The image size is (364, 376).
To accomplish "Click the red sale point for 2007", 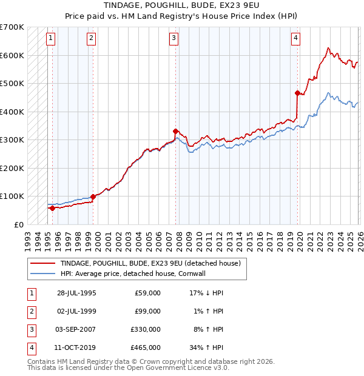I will (175, 131).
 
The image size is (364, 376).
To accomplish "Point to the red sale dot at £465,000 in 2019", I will (297, 93).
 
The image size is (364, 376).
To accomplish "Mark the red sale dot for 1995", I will (52, 208).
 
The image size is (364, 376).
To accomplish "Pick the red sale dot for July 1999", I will (93, 196).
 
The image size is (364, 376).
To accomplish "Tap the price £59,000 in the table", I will (147, 293).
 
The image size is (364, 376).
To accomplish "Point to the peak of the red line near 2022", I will (328, 48).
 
